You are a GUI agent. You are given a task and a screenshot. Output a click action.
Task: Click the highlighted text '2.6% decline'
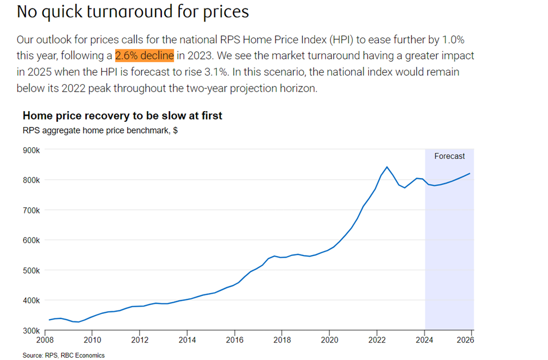pos(144,56)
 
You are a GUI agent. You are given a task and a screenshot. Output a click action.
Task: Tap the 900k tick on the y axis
pos(30,151)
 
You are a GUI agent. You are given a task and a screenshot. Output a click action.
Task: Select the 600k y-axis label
pos(30,240)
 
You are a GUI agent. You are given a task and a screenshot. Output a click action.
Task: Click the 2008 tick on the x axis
pos(44,340)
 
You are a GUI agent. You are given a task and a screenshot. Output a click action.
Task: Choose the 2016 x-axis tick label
pos(234,340)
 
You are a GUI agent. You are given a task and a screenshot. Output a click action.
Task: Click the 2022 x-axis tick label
pos(377,340)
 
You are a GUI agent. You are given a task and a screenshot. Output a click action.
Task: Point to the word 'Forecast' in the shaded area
pos(450,156)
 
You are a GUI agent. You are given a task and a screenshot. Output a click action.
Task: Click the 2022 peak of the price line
pos(387,167)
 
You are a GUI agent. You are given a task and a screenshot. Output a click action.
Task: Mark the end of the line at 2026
pos(470,174)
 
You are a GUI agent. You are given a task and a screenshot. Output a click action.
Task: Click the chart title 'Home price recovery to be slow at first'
pos(123,116)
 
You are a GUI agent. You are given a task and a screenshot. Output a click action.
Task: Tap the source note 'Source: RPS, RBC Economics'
pos(64,355)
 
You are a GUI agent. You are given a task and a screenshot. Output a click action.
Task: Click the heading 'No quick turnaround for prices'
pos(133,12)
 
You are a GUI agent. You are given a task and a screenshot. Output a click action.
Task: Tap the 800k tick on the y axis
pos(30,180)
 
